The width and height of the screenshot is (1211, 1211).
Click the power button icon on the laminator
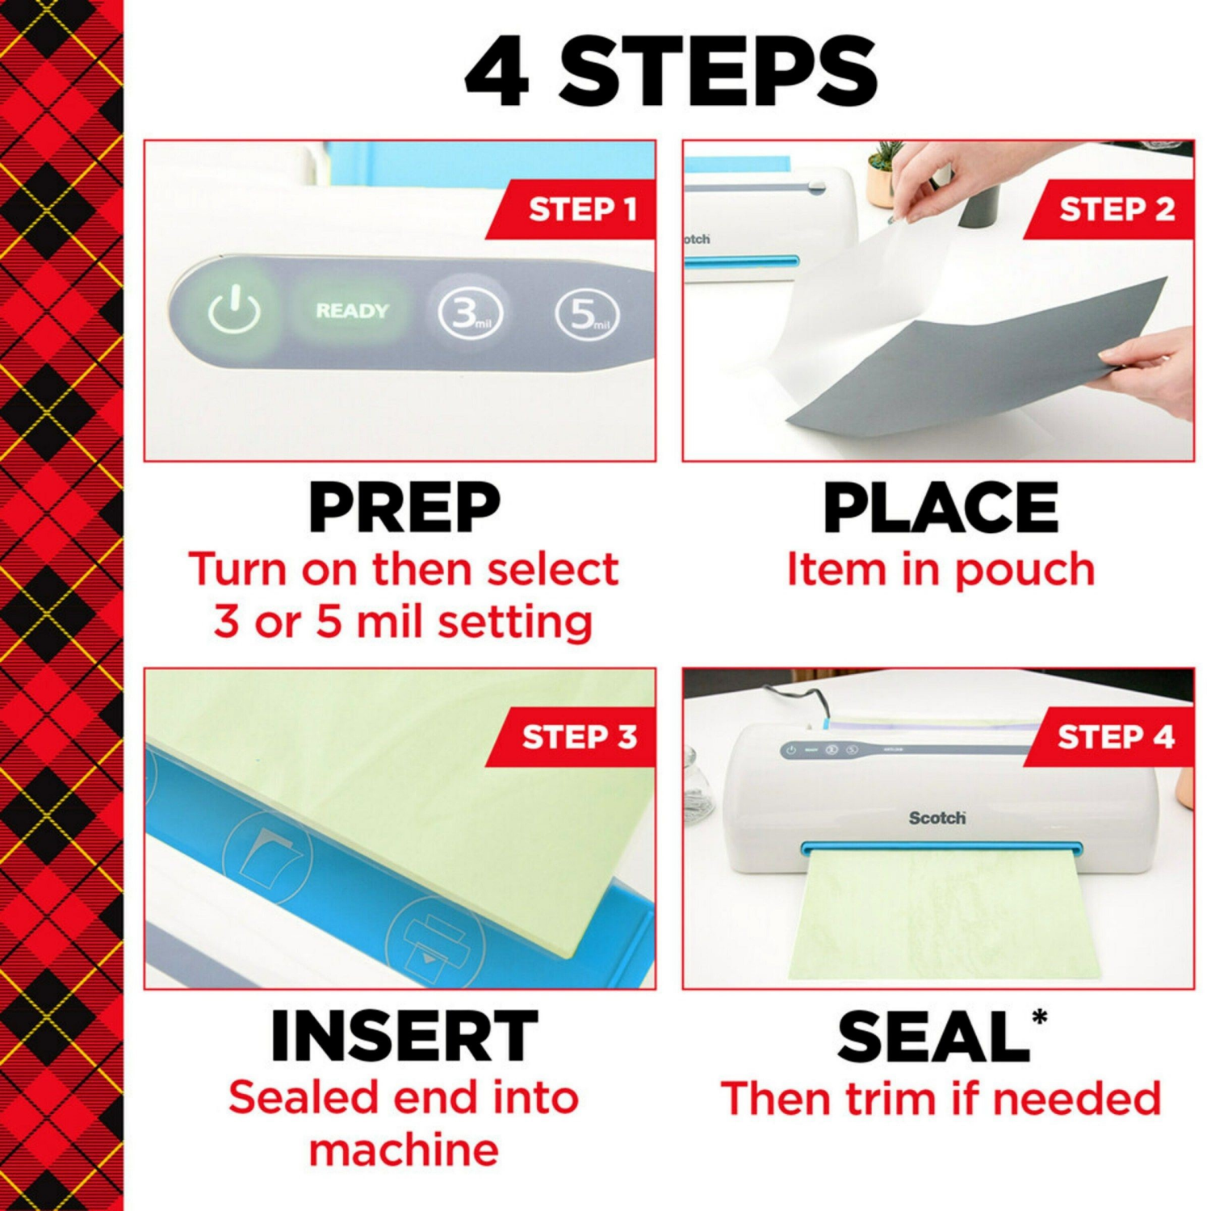(234, 311)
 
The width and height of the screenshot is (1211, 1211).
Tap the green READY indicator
(352, 311)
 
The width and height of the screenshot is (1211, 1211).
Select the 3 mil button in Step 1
(470, 313)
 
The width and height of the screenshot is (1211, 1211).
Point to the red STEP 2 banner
(1116, 210)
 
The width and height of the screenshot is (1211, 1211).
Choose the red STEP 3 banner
(578, 737)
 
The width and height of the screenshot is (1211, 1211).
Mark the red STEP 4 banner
(1116, 737)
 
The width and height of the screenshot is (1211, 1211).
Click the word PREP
(404, 509)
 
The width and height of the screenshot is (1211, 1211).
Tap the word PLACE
(941, 509)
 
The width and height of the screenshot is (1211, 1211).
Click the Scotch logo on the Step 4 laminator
(937, 818)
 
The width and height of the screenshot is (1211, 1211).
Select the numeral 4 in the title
(498, 73)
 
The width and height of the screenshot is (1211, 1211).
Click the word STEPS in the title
(719, 73)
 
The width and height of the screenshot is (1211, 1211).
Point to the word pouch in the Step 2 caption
(1025, 571)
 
